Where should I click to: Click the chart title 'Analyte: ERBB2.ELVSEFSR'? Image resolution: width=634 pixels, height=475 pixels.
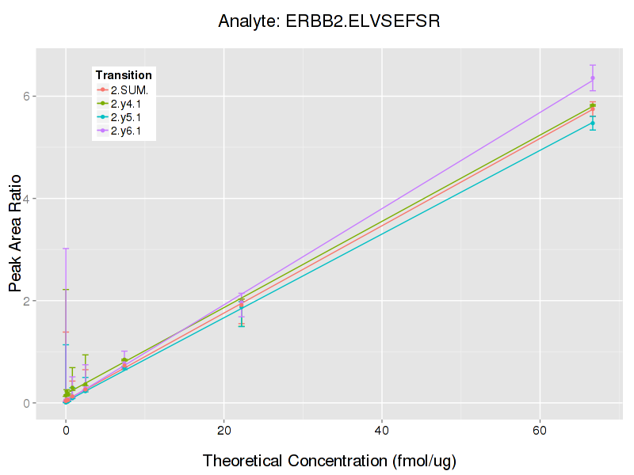point(329,21)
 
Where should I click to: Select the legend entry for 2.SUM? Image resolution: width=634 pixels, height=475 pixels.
point(129,89)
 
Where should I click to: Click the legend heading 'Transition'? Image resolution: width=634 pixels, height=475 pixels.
point(124,75)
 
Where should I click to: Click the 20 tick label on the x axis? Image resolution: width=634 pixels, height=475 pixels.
point(224,430)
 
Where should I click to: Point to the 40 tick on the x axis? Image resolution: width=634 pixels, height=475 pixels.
point(382,430)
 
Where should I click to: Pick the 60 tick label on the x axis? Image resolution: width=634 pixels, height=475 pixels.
point(540,430)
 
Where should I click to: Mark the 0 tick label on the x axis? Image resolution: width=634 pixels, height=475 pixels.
point(66,430)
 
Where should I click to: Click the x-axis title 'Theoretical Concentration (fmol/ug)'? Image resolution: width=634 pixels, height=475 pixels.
point(329,460)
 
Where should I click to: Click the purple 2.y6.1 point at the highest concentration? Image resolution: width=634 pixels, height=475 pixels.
point(593,78)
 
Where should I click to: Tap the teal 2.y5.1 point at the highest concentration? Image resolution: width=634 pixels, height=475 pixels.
point(593,123)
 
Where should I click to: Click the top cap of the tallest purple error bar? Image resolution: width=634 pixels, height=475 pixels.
point(66,249)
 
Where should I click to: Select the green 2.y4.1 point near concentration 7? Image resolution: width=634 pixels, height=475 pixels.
point(124,360)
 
